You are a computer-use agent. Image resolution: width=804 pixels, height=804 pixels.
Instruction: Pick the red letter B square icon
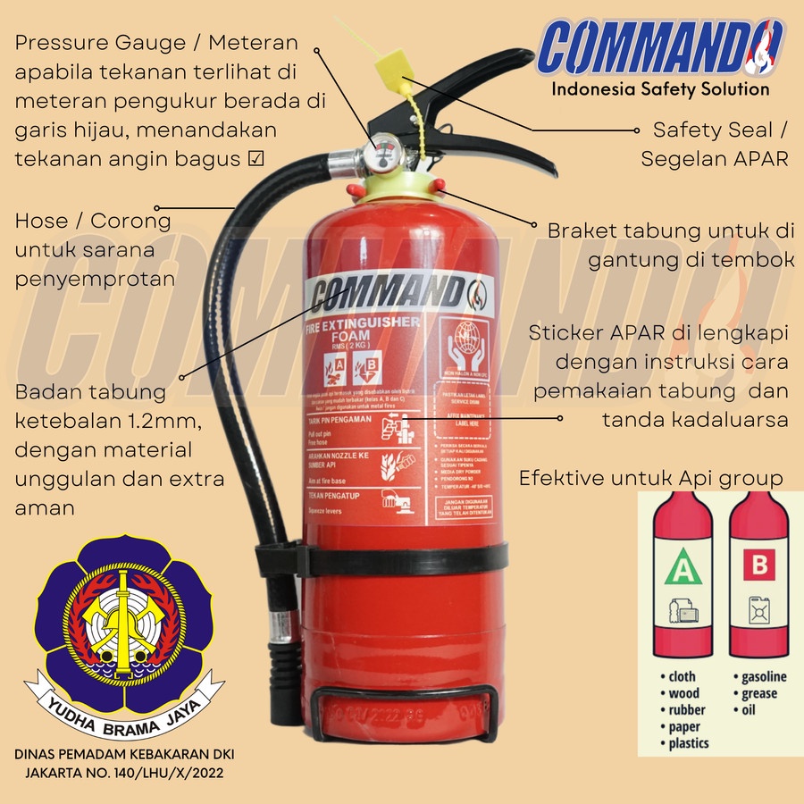pyautogui.click(x=759, y=565)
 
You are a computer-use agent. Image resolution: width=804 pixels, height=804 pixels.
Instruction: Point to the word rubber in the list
pyautogui.click(x=687, y=710)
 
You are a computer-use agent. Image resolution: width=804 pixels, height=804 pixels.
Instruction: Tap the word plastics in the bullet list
pyautogui.click(x=689, y=743)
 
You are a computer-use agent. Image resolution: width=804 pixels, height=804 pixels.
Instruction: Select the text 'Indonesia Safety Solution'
pyautogui.click(x=660, y=88)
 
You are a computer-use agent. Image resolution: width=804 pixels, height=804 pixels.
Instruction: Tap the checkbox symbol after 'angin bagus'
pyautogui.click(x=255, y=159)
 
